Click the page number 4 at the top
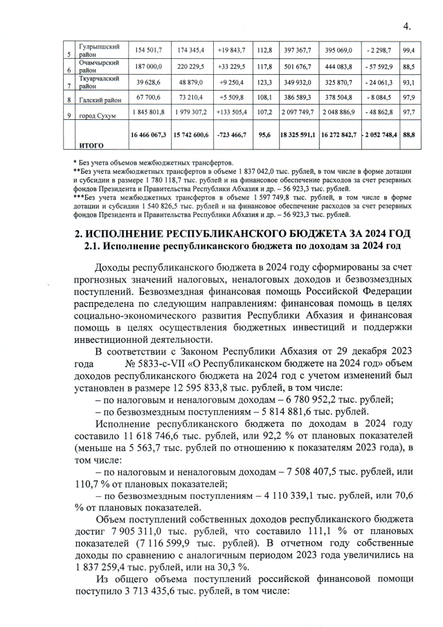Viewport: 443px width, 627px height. tap(406, 26)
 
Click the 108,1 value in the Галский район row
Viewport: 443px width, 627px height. tap(263, 98)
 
